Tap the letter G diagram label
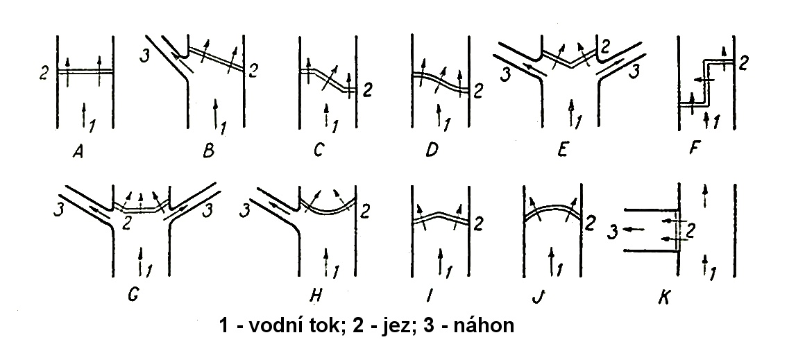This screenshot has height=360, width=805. coord(133,296)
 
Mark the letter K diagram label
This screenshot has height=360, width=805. coord(664,297)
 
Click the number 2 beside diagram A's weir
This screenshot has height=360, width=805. coord(44,74)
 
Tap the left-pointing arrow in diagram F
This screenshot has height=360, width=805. coord(704,80)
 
